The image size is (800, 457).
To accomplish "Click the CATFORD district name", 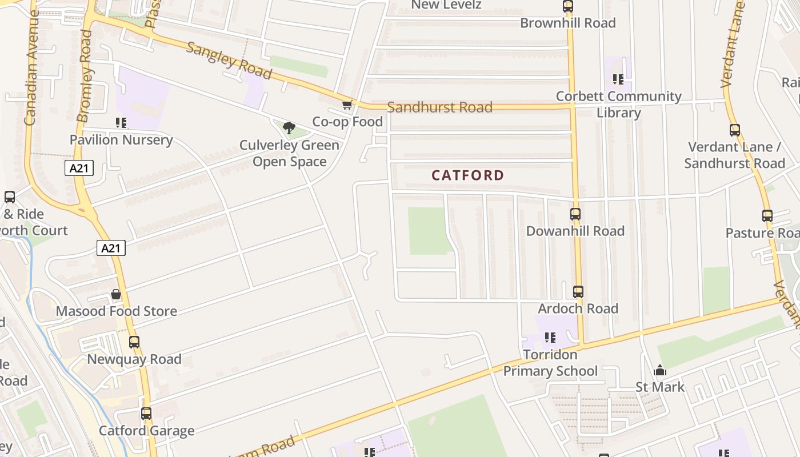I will point(467,175).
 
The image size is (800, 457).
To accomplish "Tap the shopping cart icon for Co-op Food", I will point(347,105).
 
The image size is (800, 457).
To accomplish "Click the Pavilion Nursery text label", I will point(121,140).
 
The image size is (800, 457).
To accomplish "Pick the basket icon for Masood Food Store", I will point(116,295).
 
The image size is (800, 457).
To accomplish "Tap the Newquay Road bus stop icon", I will point(134,342).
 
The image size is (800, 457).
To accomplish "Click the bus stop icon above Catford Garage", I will point(146,414).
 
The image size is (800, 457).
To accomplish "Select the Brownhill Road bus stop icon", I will point(567,7).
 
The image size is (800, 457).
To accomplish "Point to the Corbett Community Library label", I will point(618,104).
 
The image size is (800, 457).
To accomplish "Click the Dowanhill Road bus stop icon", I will point(575,214).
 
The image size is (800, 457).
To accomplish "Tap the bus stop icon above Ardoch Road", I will point(578,292).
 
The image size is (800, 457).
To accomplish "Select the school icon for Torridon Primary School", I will point(550,338).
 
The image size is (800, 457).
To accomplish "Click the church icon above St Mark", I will point(660,371).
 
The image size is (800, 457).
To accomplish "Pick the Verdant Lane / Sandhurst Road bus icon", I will point(735,130).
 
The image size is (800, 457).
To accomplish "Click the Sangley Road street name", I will point(229,60).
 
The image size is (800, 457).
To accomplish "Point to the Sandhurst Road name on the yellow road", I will point(439,107).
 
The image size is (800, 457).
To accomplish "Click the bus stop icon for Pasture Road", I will point(767,217).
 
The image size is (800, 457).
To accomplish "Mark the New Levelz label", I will point(446,5).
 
